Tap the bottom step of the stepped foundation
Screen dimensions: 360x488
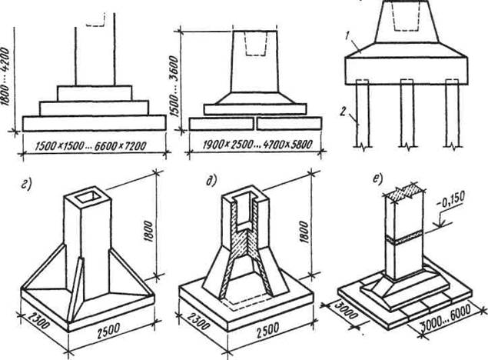coord(94,122)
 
